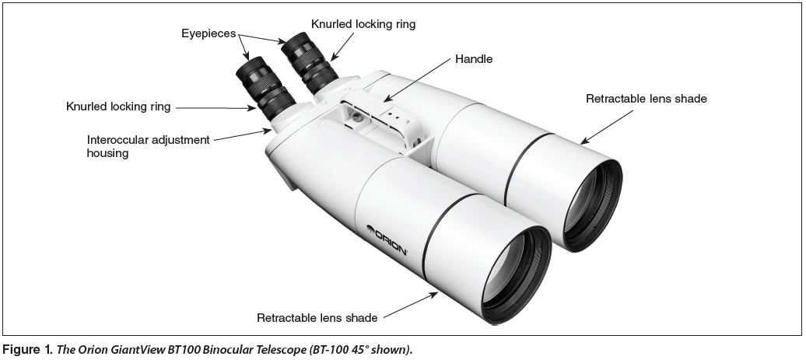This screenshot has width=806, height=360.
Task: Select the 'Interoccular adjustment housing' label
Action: pos(148,146)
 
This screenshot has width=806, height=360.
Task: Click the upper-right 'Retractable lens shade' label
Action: pos(646,99)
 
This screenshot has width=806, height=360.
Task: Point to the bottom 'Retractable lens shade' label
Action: pos(317,317)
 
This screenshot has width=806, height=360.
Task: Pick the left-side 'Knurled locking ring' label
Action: pos(118,106)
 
